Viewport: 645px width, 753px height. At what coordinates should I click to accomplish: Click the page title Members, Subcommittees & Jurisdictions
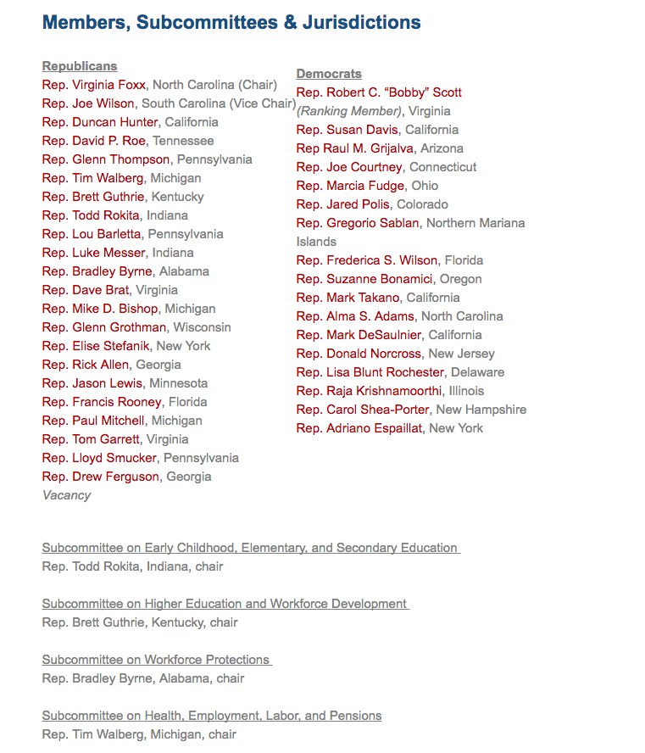coord(231,23)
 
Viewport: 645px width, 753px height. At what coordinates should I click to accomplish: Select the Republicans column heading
coord(80,66)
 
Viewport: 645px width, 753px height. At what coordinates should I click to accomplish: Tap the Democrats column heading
coord(329,74)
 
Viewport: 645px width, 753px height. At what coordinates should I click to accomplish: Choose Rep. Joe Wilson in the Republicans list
coord(88,103)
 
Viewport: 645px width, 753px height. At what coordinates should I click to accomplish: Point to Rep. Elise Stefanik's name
coord(96,346)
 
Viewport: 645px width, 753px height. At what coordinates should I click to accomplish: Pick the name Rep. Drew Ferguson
coord(100,477)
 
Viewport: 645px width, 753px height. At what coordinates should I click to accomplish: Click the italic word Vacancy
coord(66,495)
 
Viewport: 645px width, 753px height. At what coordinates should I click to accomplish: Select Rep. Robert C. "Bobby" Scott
coord(379,92)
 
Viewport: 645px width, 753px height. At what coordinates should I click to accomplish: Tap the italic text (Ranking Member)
coord(349,111)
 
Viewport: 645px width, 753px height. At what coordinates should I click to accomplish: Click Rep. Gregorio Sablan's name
coord(358,223)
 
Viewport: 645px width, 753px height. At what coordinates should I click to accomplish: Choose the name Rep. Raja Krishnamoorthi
coord(370,391)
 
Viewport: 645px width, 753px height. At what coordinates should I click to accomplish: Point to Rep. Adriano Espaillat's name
coord(359,428)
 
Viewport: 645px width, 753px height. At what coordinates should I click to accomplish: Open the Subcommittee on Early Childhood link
coord(250,548)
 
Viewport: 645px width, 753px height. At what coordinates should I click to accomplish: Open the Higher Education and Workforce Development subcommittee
coord(225,604)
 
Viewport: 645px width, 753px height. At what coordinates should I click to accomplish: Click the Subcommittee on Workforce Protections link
coord(156,660)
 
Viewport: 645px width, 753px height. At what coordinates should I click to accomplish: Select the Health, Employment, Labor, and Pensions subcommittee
coord(212,716)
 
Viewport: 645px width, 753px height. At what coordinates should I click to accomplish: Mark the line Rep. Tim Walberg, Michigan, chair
coord(139,734)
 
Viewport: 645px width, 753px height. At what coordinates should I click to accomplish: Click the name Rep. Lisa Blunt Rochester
coord(370,372)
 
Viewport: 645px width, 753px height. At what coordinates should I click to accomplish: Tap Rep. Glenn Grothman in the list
coord(104,327)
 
